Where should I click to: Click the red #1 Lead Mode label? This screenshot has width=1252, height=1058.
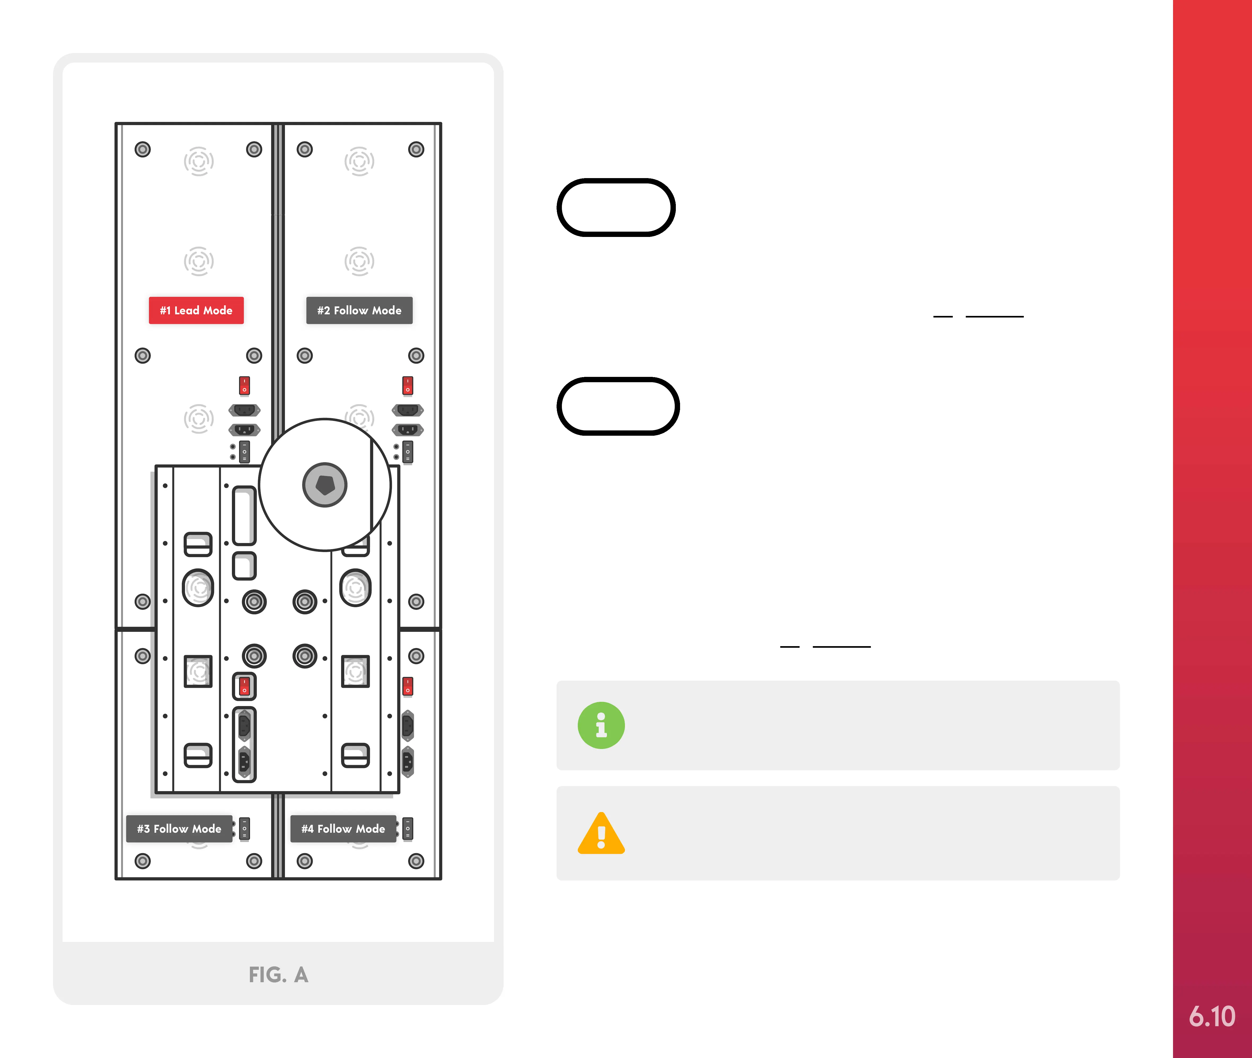click(x=196, y=310)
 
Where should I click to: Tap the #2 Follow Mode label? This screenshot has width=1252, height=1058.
click(x=359, y=310)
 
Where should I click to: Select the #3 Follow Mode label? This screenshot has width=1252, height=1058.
click(x=179, y=828)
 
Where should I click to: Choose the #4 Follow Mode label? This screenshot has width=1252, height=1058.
click(x=343, y=828)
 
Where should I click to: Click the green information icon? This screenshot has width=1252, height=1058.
click(x=601, y=725)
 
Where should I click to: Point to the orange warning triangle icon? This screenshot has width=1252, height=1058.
click(x=601, y=834)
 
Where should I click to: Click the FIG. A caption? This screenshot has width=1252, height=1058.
click(x=278, y=975)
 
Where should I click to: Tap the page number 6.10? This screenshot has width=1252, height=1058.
click(x=1212, y=1016)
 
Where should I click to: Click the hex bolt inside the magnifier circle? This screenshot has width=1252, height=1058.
click(x=324, y=485)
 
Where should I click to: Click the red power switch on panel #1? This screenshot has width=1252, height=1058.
click(x=244, y=385)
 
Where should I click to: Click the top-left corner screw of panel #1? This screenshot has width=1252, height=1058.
click(x=142, y=149)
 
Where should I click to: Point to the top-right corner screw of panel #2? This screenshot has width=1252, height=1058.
click(x=416, y=149)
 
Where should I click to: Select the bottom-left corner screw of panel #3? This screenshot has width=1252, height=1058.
click(x=142, y=861)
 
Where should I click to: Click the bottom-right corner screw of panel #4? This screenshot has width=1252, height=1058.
click(x=416, y=861)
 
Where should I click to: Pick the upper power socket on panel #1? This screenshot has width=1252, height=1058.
click(x=244, y=410)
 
